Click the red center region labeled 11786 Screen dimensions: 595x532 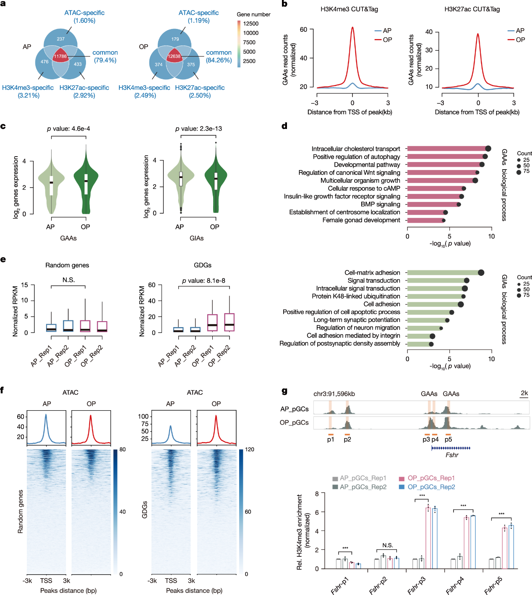60,56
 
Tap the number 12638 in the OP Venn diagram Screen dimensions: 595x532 174,56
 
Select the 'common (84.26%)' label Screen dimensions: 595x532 219,56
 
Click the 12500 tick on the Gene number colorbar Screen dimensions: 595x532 251,24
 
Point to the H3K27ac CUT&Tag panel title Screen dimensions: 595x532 472,9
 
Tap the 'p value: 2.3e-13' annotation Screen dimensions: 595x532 198,128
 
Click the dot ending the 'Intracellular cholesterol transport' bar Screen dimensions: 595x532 488,149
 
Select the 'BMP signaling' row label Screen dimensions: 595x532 381,204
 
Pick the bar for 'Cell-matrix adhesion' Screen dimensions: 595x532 443,273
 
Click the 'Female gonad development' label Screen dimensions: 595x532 361,220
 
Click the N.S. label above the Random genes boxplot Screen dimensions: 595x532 68,280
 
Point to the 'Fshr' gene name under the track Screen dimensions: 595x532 452,455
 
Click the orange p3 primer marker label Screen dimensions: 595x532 426,439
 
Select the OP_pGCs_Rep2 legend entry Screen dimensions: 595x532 431,487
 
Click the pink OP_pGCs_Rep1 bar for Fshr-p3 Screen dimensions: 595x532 428,537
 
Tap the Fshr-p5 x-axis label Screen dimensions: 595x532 493,585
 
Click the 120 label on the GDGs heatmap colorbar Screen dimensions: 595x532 250,449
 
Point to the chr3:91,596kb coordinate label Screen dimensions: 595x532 334,394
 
